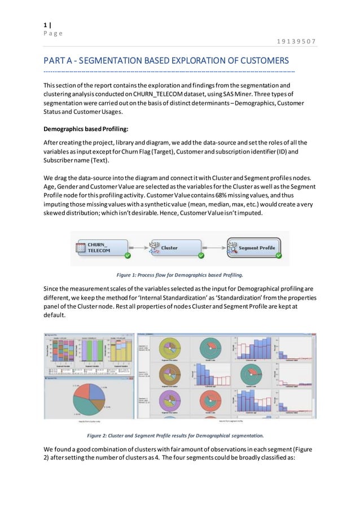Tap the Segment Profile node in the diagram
coord(253,247)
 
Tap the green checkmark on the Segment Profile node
coord(278,256)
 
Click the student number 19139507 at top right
coord(296,41)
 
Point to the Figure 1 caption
coord(179,275)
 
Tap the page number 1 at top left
coord(46,25)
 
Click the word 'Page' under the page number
coord(53,33)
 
